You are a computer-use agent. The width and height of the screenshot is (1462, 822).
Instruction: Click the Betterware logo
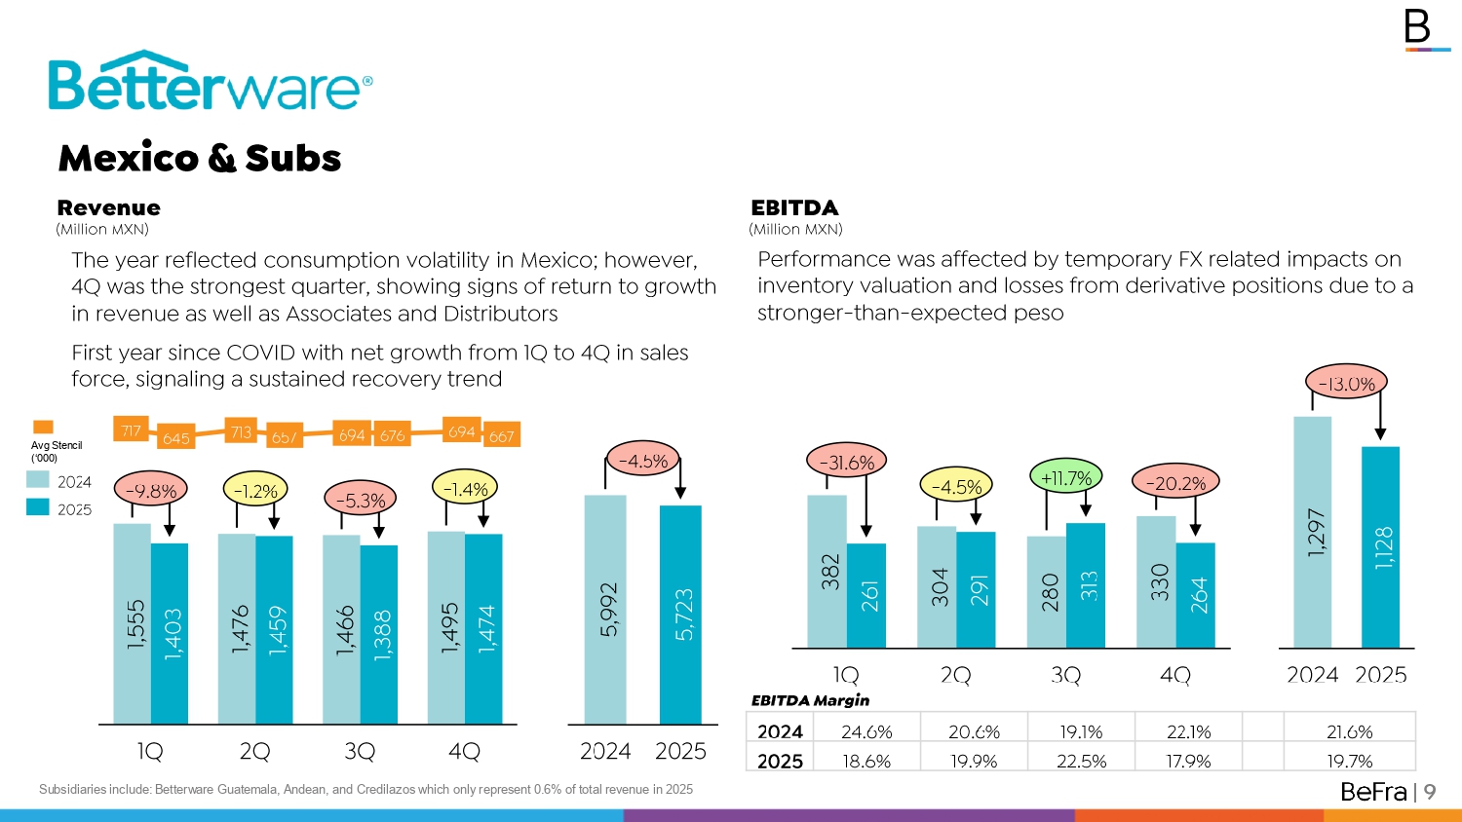[x=210, y=82]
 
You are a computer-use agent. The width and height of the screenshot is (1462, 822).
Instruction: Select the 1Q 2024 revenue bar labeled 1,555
[x=133, y=623]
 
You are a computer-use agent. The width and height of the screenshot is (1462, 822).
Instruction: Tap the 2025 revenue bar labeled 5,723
[x=680, y=614]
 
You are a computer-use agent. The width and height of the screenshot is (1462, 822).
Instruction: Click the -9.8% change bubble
[x=151, y=491]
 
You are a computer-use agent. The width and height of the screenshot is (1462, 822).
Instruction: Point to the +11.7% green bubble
[x=1066, y=477]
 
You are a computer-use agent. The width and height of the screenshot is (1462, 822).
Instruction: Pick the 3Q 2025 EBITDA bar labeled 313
[x=1086, y=584]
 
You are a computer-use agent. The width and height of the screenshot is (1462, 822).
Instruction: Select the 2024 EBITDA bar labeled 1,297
[x=1313, y=532]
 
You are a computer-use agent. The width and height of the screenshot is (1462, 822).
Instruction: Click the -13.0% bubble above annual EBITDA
[x=1346, y=384]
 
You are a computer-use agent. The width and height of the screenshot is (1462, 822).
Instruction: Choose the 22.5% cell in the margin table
[x=1081, y=761]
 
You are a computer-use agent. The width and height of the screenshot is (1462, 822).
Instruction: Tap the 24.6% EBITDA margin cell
[x=866, y=731]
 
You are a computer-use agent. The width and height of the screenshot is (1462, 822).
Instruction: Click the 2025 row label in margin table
[x=780, y=761]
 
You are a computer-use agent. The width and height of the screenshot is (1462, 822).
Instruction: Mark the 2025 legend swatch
[x=38, y=507]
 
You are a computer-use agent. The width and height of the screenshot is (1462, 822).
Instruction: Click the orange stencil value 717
[x=131, y=430]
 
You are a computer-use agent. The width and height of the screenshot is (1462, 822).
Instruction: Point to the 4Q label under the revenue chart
[x=465, y=751]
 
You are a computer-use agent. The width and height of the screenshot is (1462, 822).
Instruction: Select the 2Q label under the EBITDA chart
[x=956, y=675]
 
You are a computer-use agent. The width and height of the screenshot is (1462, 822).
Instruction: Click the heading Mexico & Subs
[x=200, y=158]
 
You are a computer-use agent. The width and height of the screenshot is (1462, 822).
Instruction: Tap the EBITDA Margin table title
[x=810, y=700]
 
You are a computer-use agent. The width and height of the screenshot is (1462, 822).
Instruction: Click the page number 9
[x=1430, y=792]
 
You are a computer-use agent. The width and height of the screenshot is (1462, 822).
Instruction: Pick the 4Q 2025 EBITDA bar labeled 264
[x=1196, y=594]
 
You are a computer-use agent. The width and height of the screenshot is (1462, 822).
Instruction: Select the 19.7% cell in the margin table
[x=1349, y=761]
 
